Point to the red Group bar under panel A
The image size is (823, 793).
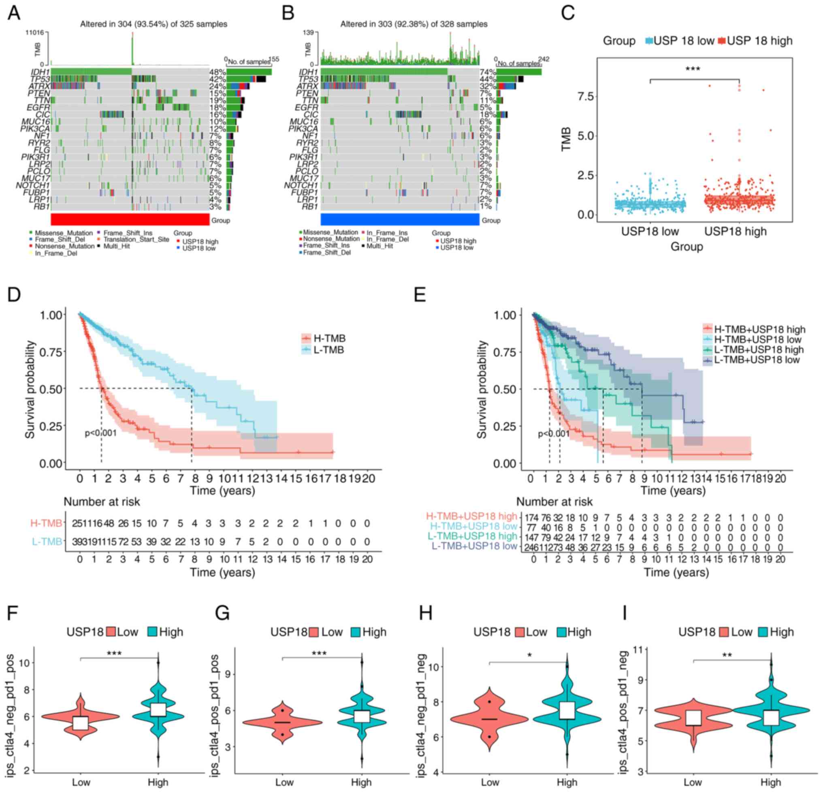point(130,219)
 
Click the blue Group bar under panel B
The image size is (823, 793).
point(400,219)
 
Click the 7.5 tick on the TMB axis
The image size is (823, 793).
point(585,96)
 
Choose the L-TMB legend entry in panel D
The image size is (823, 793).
point(323,349)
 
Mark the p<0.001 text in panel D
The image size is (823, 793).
point(101,433)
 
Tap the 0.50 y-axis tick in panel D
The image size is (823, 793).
point(52,389)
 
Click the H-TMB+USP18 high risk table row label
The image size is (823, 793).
point(471,517)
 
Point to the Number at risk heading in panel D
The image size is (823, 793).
point(102,502)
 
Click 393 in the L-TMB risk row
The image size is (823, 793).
point(79,542)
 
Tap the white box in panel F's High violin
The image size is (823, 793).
point(158,709)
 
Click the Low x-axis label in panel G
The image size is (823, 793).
point(284,782)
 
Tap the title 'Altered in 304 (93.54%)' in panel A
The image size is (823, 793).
point(154,24)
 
